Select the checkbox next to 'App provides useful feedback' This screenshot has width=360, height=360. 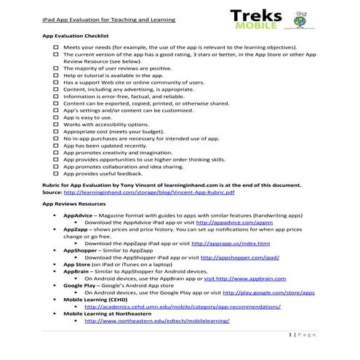point(56,175)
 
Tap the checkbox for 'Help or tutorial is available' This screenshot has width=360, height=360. point(56,75)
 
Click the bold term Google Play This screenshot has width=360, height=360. point(80,285)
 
